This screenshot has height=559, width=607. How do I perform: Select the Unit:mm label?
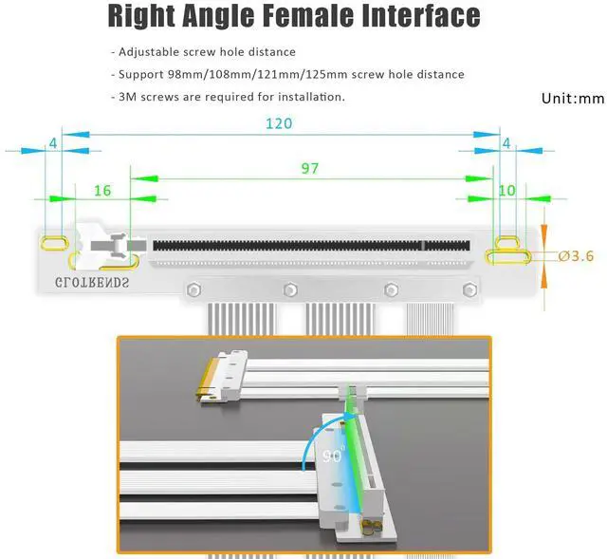pyautogui.click(x=572, y=98)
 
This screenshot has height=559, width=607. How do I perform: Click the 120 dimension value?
pyautogui.click(x=278, y=123)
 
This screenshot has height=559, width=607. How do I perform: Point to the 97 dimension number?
pyautogui.click(x=309, y=168)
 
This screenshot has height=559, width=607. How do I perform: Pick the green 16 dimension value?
pyautogui.click(x=102, y=190)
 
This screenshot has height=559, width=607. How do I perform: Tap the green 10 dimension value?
pyautogui.click(x=506, y=190)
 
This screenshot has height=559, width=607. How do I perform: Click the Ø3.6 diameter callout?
pyautogui.click(x=576, y=255)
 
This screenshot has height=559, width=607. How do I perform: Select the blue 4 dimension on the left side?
pyautogui.click(x=53, y=142)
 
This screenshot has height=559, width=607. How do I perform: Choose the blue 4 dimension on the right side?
pyautogui.click(x=506, y=142)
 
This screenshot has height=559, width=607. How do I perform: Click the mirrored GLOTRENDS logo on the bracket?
pyautogui.click(x=92, y=282)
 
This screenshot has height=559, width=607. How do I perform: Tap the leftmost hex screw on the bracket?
pyautogui.click(x=194, y=289)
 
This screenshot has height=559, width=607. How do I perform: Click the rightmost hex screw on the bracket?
pyautogui.click(x=464, y=289)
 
